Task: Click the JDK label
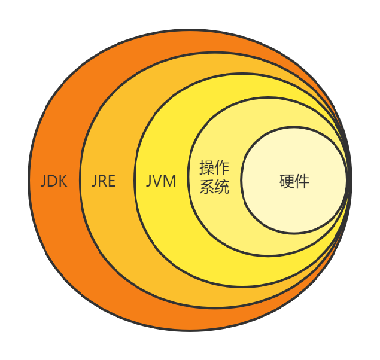(x=54, y=181)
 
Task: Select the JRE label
(x=104, y=181)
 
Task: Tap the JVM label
(x=161, y=181)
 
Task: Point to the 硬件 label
(x=294, y=181)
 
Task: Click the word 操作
(x=214, y=167)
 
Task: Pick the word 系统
(x=214, y=187)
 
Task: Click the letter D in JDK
(x=53, y=181)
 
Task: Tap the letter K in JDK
(x=62, y=181)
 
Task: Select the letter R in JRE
(x=103, y=181)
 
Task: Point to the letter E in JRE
(x=111, y=181)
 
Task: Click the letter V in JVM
(x=159, y=181)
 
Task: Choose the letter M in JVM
(x=170, y=181)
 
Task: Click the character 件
(x=302, y=181)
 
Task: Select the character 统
(x=222, y=187)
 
